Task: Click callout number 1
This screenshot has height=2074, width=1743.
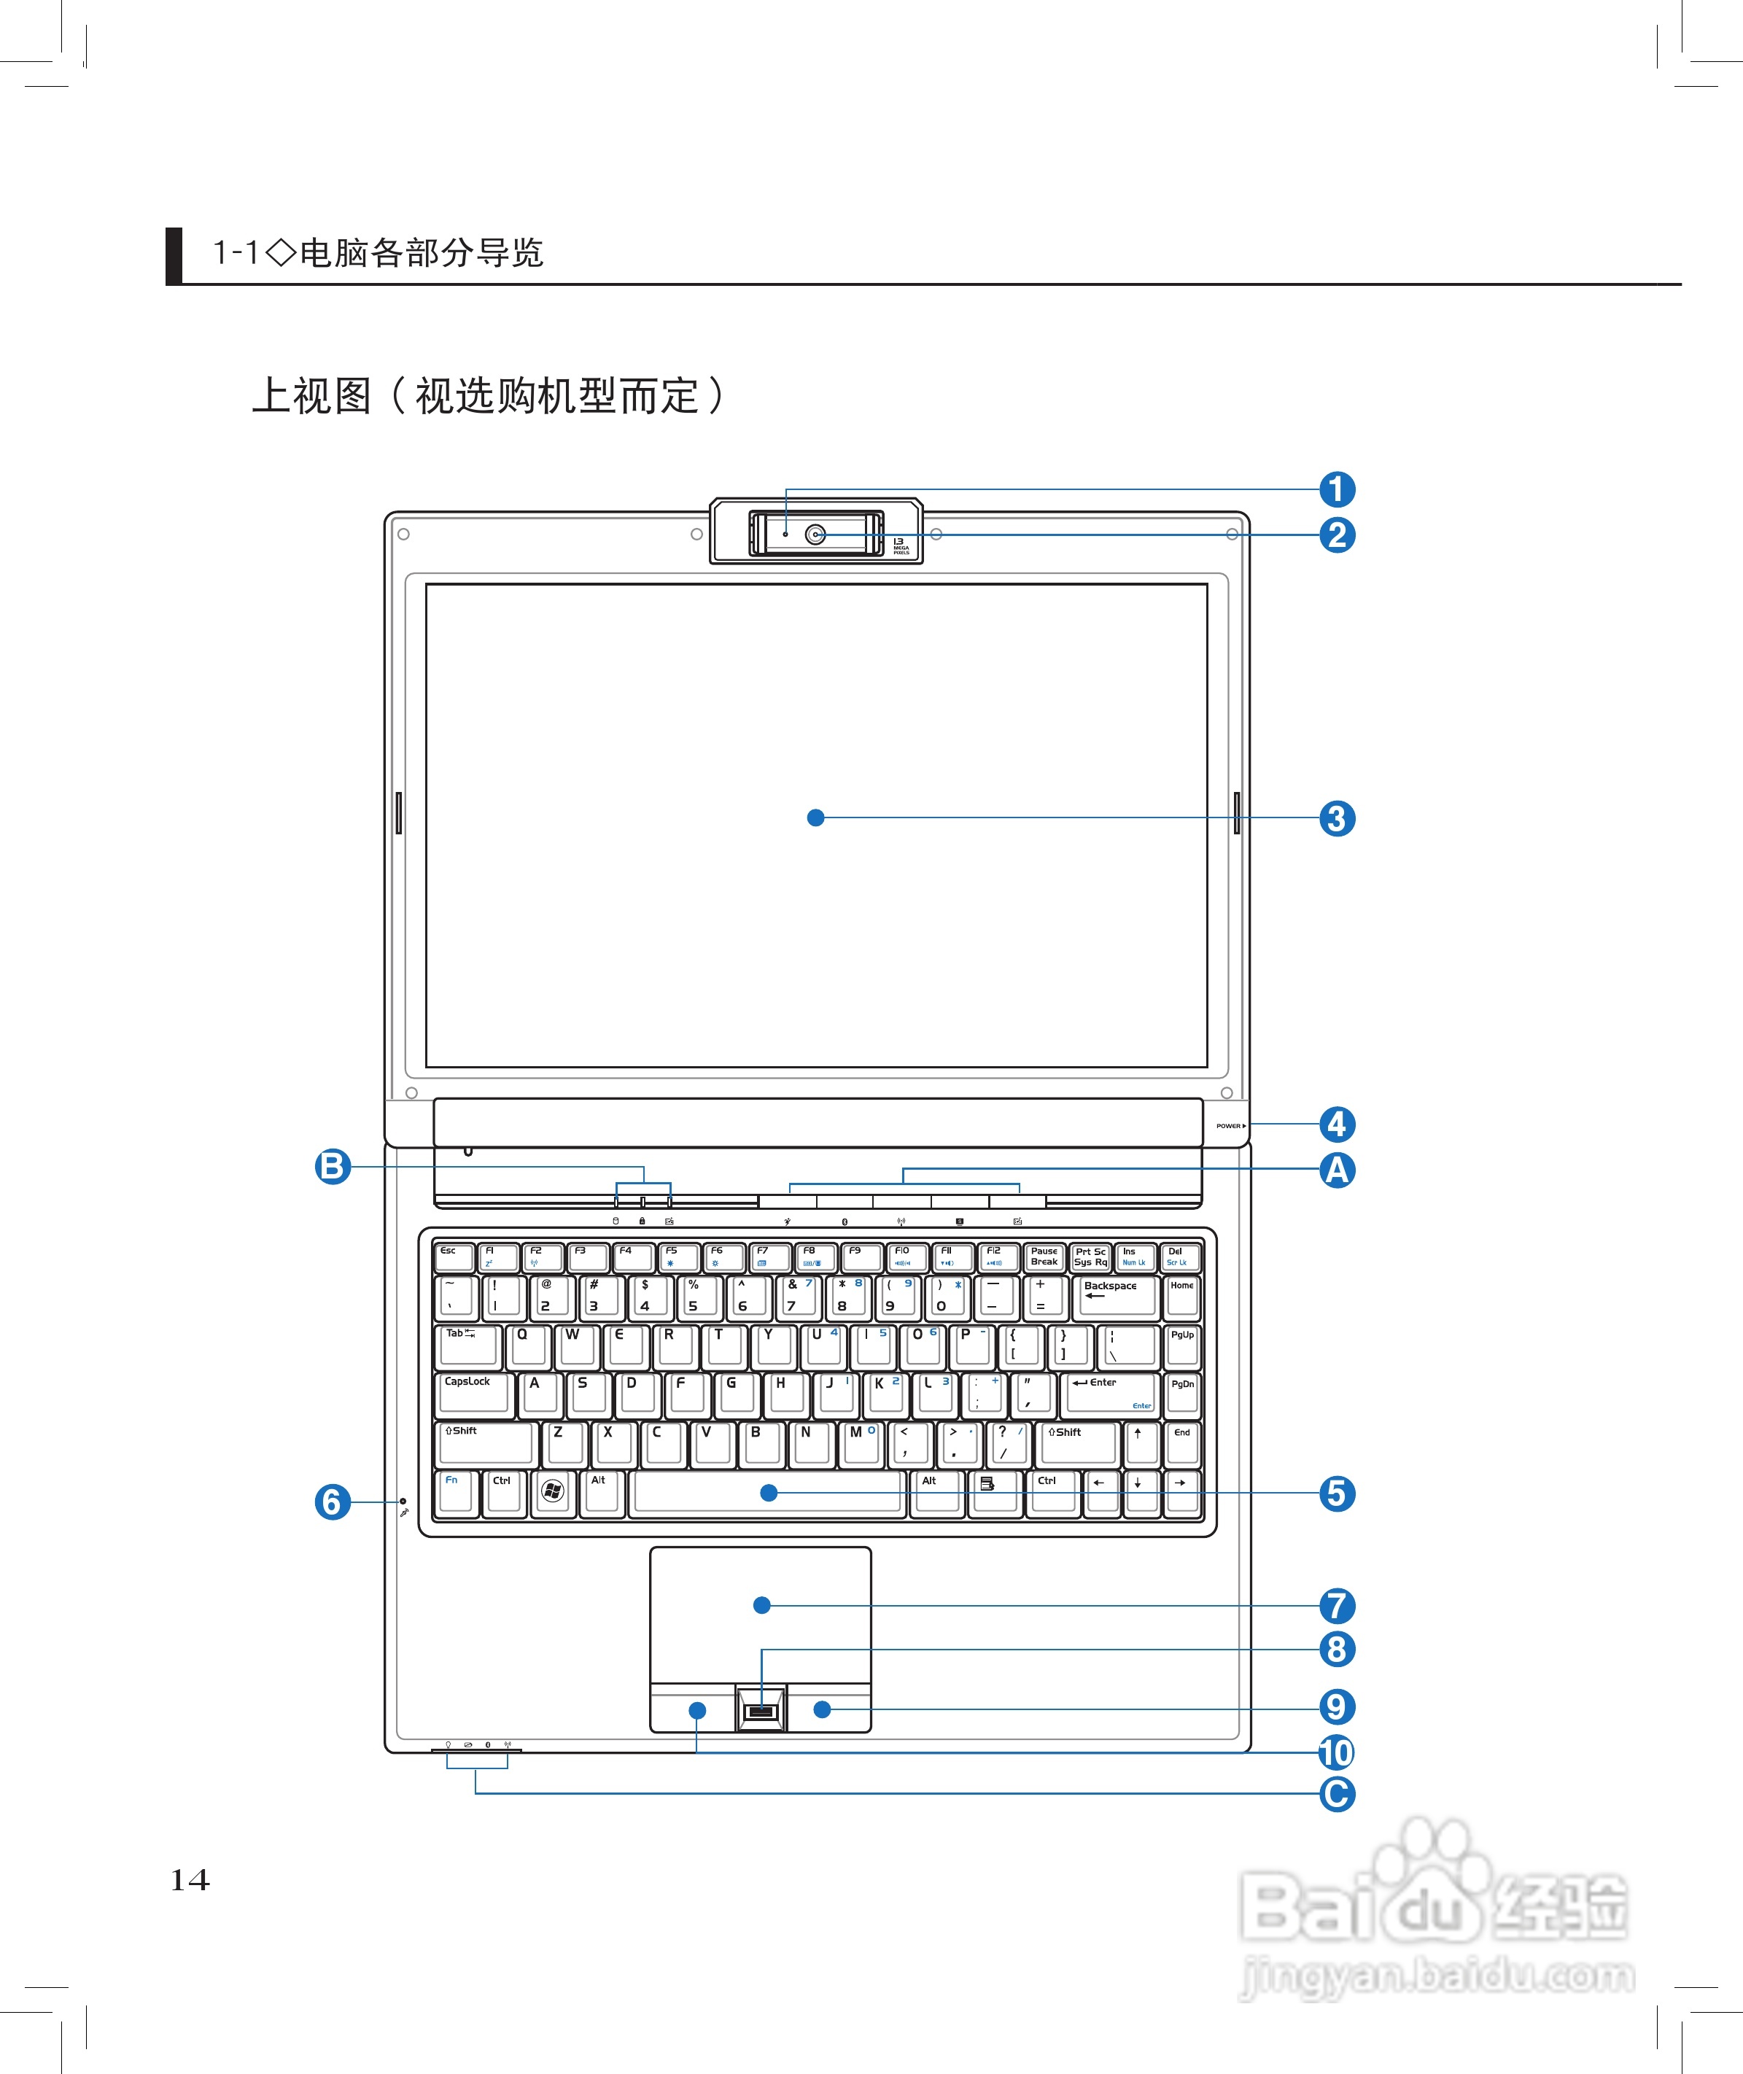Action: pos(1337,489)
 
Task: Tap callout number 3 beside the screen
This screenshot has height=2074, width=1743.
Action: pos(1337,818)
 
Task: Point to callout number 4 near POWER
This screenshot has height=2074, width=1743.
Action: pos(1337,1124)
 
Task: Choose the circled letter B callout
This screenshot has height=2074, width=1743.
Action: pos(333,1166)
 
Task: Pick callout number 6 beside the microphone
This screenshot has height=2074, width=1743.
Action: pos(333,1502)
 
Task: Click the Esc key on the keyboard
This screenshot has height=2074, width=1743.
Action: pos(454,1257)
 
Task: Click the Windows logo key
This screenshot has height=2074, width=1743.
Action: pos(552,1490)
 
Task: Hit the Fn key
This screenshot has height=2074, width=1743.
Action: pos(454,1490)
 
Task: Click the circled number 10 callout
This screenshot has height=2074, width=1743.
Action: pos(1336,1752)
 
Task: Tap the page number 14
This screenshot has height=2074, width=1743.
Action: pos(190,1879)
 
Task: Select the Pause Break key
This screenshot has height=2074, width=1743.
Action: pos(1044,1257)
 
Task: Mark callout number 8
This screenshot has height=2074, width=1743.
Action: pos(1337,1649)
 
